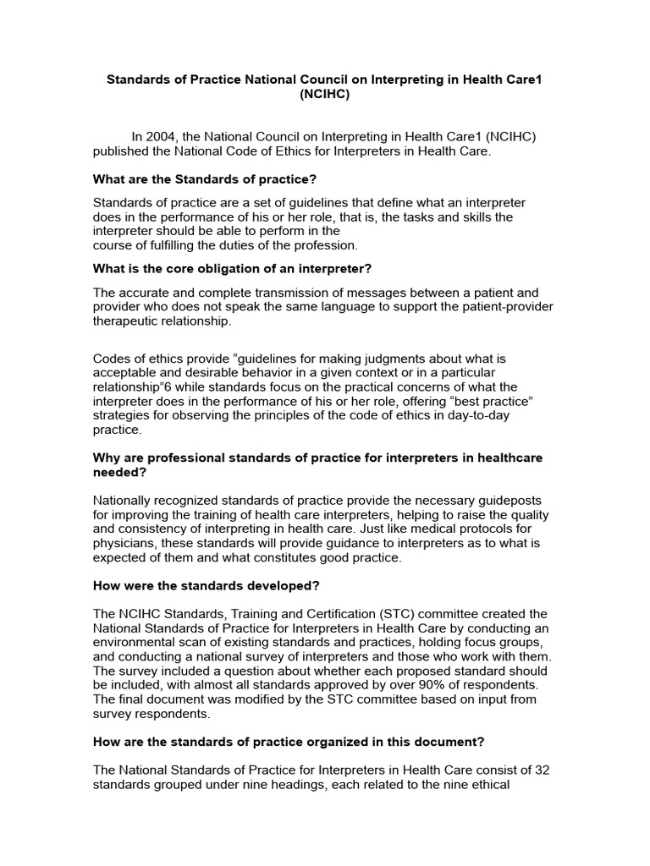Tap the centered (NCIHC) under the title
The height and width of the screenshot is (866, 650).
click(324, 96)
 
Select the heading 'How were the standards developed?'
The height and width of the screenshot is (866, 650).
click(206, 586)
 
